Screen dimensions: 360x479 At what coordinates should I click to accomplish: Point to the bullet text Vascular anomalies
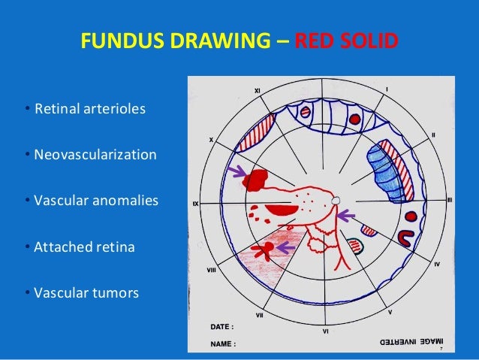[x=96, y=201]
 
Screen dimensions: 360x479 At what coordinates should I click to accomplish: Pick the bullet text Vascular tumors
[x=86, y=292]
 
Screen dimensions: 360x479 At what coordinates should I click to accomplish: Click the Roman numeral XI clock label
[x=257, y=91]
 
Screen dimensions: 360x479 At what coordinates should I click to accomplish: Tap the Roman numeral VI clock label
[x=325, y=331]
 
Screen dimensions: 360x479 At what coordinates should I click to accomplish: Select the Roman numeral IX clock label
[x=195, y=204]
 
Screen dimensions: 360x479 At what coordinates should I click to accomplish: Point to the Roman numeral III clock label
[x=449, y=200]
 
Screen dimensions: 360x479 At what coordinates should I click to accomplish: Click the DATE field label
[x=221, y=328]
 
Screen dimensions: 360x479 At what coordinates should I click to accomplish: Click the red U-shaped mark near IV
[x=406, y=238]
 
